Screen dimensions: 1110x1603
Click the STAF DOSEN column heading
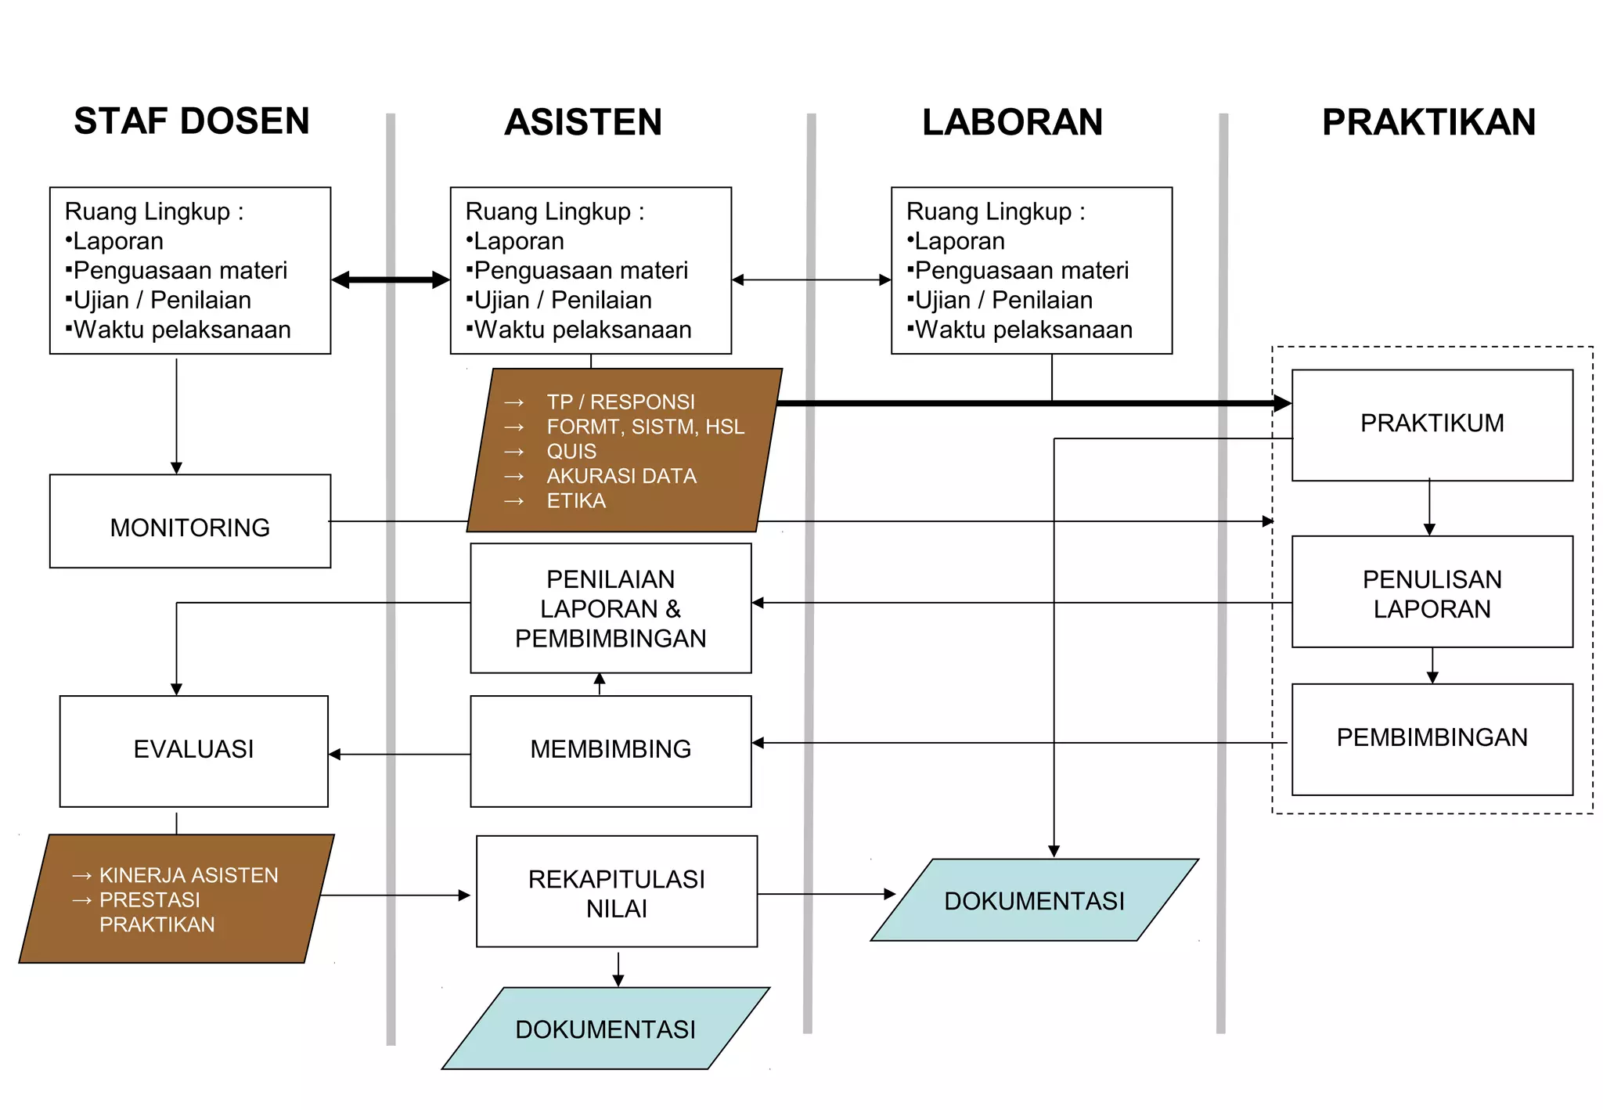pos(192,121)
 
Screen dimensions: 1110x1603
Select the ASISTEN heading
pos(583,123)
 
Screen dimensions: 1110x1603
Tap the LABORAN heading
pos(1012,123)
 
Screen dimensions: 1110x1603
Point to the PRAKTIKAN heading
pos(1428,123)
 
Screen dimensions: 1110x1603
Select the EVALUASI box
pos(194,750)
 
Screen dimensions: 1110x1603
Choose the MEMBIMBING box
pos(611,750)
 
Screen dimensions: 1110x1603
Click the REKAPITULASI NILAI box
pos(617,892)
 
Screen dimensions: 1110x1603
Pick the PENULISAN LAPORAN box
pos(1432,593)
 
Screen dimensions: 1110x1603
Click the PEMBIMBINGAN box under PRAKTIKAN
pos(1432,738)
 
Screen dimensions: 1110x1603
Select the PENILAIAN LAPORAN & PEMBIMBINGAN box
pos(611,609)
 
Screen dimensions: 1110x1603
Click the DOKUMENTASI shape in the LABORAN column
pos(1034,901)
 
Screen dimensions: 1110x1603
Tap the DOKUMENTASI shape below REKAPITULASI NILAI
pos(605,1029)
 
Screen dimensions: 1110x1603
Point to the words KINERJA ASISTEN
pos(189,875)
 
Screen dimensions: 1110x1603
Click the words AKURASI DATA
pos(621,476)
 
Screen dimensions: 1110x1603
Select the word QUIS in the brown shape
pos(571,452)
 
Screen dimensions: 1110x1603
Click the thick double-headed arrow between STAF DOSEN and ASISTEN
pos(391,280)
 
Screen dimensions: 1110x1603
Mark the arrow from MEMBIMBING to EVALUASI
pos(399,755)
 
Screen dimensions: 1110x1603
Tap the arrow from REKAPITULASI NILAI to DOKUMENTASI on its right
pos(826,894)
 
